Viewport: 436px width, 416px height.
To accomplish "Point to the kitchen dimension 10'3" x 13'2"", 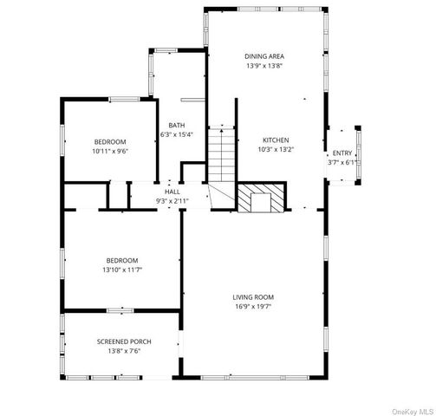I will pyautogui.click(x=276, y=150).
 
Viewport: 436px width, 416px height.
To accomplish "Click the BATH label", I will pyautogui.click(x=176, y=125).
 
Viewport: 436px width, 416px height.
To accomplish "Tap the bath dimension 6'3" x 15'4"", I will pyautogui.click(x=176, y=134).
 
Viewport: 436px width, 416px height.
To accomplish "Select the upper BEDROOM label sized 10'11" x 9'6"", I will pyautogui.click(x=110, y=141).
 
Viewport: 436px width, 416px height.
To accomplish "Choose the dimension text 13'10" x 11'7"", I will pyautogui.click(x=122, y=270).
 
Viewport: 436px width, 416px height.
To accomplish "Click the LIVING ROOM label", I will pyautogui.click(x=253, y=296).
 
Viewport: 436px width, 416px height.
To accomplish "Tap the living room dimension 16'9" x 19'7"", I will pyautogui.click(x=253, y=306).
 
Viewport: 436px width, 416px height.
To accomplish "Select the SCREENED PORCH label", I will pyautogui.click(x=123, y=341).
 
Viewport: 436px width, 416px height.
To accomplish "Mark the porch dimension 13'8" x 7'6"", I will pyautogui.click(x=123, y=351).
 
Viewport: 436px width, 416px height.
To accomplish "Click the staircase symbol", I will pyautogui.click(x=221, y=156).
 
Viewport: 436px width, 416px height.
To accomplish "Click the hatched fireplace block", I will pyautogui.click(x=261, y=198).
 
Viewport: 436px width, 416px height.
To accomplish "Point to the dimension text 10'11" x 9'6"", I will pyautogui.click(x=110, y=151).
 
